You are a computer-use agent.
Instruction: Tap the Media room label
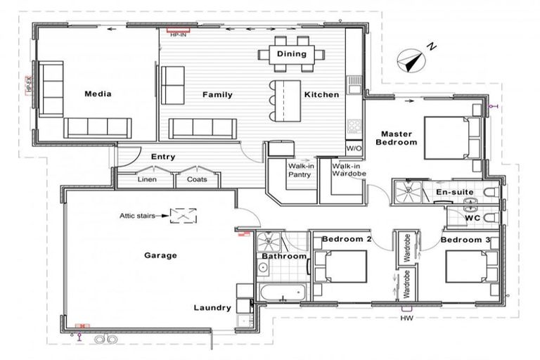[x=98, y=94]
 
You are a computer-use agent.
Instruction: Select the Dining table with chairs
[x=291, y=53]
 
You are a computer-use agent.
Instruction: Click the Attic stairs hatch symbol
[x=184, y=216]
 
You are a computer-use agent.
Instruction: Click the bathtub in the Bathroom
[x=281, y=292]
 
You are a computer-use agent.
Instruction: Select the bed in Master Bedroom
[x=453, y=139]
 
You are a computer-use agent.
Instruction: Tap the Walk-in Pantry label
[x=300, y=171]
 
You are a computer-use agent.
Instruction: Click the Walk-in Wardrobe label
[x=348, y=171]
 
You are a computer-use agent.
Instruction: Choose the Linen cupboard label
[x=147, y=179]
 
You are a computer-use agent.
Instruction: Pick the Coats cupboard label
[x=197, y=179]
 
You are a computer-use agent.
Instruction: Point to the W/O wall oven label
[x=354, y=148]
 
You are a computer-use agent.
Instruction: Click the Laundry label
[x=212, y=307]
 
